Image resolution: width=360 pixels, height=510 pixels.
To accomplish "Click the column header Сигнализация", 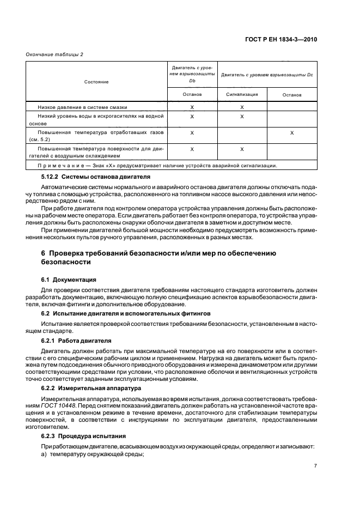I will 241,94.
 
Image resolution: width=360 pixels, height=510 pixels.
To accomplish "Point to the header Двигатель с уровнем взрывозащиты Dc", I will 267,74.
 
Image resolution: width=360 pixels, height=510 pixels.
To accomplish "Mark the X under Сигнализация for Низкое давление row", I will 241,107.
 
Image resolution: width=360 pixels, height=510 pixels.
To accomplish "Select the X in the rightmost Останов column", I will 292,132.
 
